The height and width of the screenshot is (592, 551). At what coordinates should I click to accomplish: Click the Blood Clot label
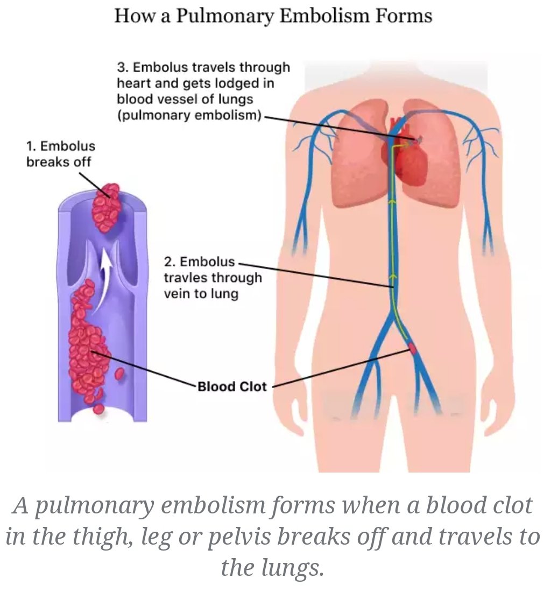tap(232, 386)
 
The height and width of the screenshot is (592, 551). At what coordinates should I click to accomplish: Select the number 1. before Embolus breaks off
tap(31, 146)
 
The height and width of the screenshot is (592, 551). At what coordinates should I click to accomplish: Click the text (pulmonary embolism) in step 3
tap(190, 116)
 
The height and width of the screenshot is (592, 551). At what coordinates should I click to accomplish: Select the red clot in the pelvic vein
tap(413, 348)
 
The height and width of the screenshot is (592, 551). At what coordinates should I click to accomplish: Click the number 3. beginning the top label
tap(122, 67)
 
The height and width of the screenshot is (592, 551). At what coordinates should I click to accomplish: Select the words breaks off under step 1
tap(59, 161)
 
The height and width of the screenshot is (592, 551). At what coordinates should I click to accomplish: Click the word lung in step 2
tap(224, 294)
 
